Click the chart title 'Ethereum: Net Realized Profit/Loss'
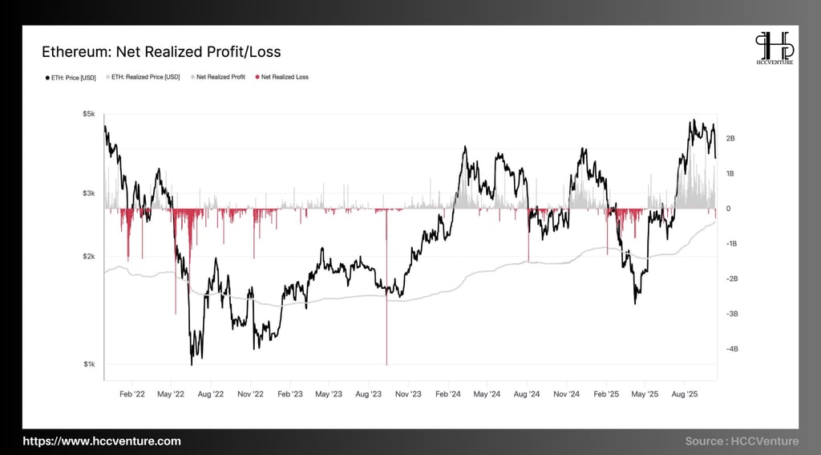click(x=161, y=52)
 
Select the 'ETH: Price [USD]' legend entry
click(x=71, y=77)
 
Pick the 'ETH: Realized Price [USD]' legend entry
click(x=145, y=77)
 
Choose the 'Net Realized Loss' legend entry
click(x=281, y=77)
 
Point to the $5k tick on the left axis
click(x=90, y=114)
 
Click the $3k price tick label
click(x=90, y=193)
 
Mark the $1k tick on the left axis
click(x=90, y=364)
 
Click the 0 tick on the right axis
click(x=728, y=209)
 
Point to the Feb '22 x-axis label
click(x=131, y=394)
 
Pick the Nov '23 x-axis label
click(x=408, y=394)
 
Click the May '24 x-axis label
click(x=487, y=394)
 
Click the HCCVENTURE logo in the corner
click(x=774, y=49)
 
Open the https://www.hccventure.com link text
click(x=102, y=441)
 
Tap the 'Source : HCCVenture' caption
click(x=742, y=441)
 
